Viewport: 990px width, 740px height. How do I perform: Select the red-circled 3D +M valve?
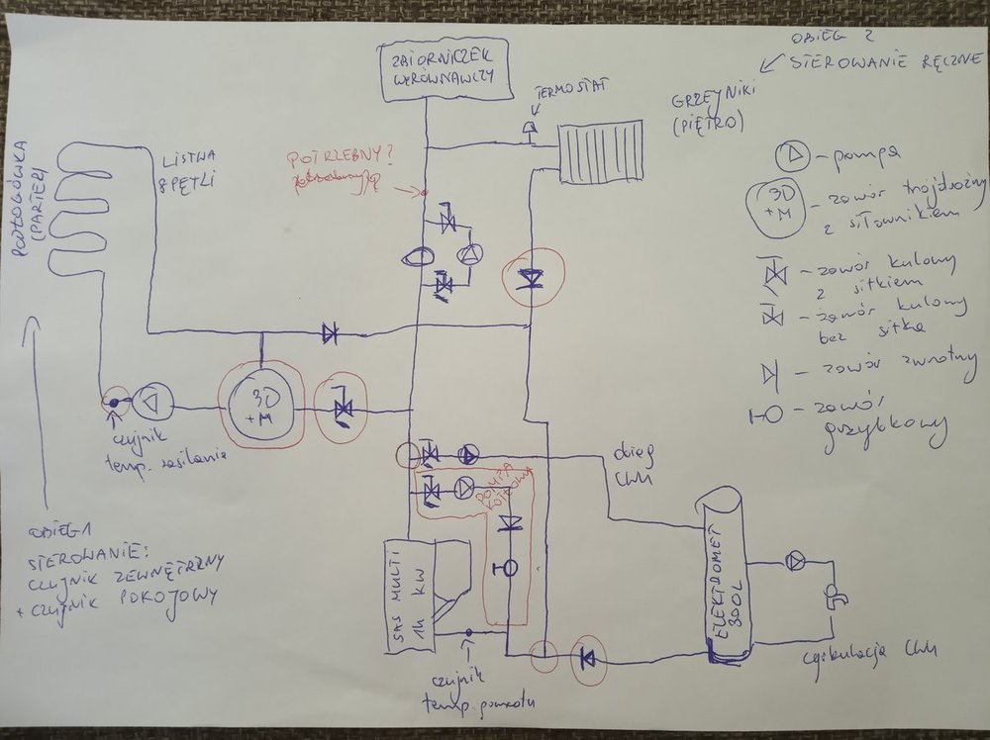tap(261, 406)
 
